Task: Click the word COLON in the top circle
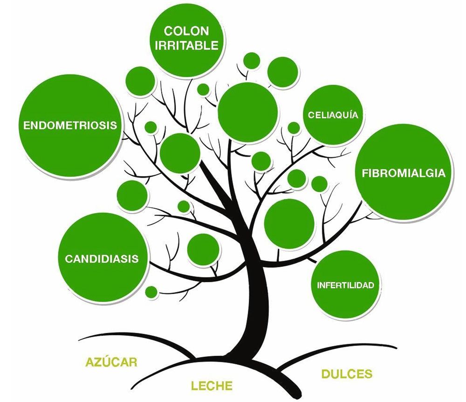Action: click(x=187, y=31)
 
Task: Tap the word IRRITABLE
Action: click(x=187, y=46)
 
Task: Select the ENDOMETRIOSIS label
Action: click(x=70, y=125)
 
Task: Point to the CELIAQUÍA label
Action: click(x=333, y=115)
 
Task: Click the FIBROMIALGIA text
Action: click(x=404, y=173)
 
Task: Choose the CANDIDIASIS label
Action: click(x=102, y=258)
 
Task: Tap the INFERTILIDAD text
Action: click(x=346, y=285)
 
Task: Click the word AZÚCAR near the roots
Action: click(x=111, y=362)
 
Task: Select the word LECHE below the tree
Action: click(x=212, y=386)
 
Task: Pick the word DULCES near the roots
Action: click(x=347, y=374)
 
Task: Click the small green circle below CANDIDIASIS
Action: click(x=151, y=291)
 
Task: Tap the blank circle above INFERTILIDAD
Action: click(x=289, y=224)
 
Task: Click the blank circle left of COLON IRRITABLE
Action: click(x=140, y=81)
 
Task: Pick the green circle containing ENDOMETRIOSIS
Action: click(x=71, y=126)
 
